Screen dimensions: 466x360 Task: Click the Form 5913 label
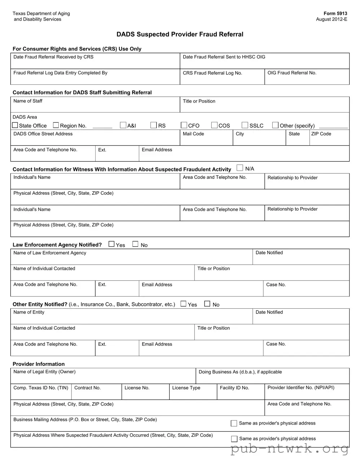335,13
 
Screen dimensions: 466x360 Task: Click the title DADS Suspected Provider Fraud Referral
180,34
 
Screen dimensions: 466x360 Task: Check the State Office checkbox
15,125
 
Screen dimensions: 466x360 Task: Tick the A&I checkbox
123,125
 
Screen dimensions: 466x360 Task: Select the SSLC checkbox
245,125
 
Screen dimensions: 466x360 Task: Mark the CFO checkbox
184,125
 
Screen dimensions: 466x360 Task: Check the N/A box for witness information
240,168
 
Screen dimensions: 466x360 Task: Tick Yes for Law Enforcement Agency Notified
111,244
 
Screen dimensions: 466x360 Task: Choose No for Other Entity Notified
207,304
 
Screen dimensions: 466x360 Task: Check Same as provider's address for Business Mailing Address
234,423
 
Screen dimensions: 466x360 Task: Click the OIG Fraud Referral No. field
307,79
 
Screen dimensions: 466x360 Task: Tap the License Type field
193,394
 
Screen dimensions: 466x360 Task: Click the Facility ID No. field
241,394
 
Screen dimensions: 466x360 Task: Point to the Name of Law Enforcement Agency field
131,259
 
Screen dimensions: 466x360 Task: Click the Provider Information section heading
39,364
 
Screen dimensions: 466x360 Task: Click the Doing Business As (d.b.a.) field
272,378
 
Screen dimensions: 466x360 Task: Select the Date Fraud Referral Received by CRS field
95,63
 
